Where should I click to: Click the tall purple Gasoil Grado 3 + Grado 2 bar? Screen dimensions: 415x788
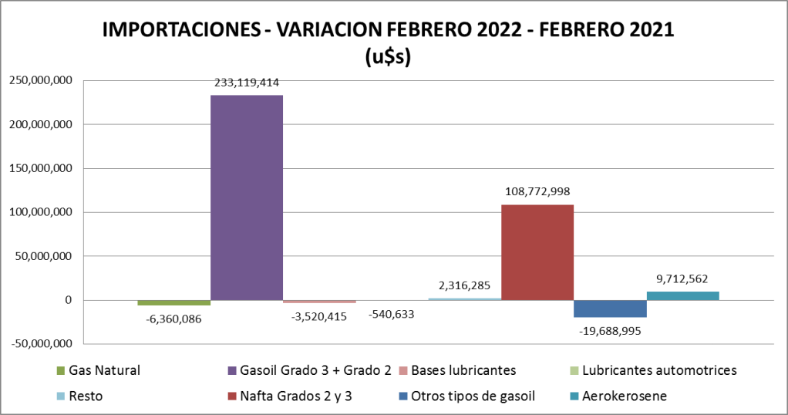pos(246,197)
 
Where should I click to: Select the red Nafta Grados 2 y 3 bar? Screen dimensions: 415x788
pos(537,252)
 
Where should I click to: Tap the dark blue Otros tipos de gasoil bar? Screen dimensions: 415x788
pos(610,309)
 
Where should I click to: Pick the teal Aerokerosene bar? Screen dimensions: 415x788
pos(682,295)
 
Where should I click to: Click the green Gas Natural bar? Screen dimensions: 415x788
pos(173,302)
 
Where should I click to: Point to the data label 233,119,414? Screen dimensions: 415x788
pos(247,81)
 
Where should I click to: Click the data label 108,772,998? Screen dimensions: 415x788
pos(537,191)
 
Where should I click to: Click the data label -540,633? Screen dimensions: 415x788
pos(391,315)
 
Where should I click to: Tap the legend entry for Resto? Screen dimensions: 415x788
pos(85,396)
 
